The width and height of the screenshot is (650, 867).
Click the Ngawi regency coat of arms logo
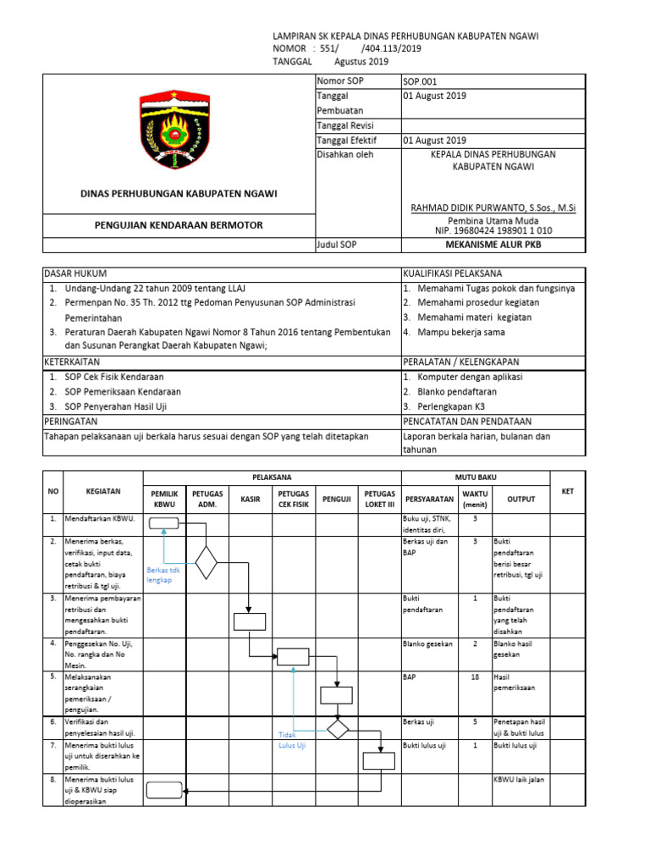pyautogui.click(x=179, y=129)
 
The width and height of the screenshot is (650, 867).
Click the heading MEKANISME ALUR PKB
pyautogui.click(x=493, y=245)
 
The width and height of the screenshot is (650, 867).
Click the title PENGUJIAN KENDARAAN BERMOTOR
pyautogui.click(x=178, y=225)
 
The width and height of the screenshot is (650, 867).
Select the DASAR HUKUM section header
pyautogui.click(x=71, y=273)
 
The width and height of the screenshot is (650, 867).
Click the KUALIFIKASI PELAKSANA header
pyautogui.click(x=452, y=273)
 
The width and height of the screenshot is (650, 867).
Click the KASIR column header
pyautogui.click(x=250, y=500)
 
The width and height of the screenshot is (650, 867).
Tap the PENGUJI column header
pyautogui.click(x=337, y=500)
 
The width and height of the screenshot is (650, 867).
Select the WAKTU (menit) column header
pyautogui.click(x=475, y=499)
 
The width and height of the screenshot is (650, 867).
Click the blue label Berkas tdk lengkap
pyautogui.click(x=163, y=576)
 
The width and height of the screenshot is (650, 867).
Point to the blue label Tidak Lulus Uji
pyautogui.click(x=291, y=740)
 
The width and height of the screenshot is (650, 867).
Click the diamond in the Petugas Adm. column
pyautogui.click(x=206, y=561)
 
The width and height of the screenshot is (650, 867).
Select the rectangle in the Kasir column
pyautogui.click(x=250, y=621)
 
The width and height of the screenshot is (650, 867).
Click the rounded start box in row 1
pyautogui.click(x=163, y=523)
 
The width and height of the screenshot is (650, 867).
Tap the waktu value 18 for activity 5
pyautogui.click(x=475, y=677)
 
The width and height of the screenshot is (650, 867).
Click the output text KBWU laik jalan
pyautogui.click(x=520, y=779)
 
